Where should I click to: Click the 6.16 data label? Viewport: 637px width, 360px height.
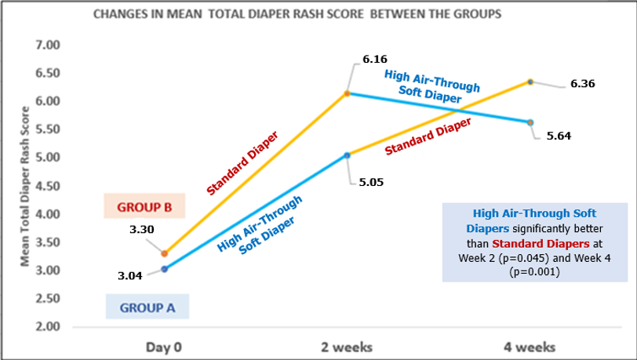click(x=374, y=59)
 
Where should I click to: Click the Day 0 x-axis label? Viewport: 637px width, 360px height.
click(x=165, y=347)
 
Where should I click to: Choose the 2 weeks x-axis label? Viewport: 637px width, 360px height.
click(x=347, y=347)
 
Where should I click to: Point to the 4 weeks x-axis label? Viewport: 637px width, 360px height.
click(x=530, y=347)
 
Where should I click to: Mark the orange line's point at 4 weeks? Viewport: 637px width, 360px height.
click(x=530, y=82)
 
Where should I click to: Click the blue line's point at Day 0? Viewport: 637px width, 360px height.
click(x=164, y=269)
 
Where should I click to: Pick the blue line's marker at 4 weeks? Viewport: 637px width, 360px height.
click(x=530, y=122)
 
